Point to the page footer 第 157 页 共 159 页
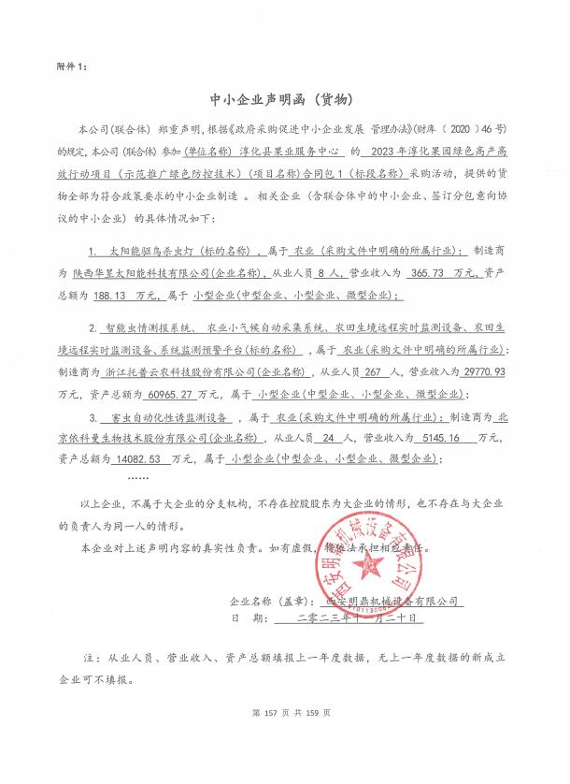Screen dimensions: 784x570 point(284,764)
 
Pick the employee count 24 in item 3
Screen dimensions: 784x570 point(340,437)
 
